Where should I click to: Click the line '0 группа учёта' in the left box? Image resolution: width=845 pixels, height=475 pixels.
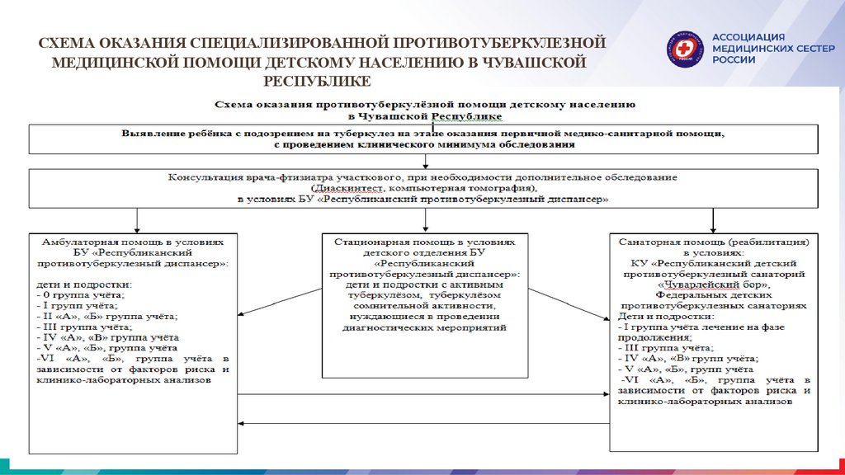click(81, 294)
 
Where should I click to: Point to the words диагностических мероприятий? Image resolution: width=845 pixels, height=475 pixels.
click(425, 327)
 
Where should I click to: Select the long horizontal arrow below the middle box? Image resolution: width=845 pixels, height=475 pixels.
click(425, 422)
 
